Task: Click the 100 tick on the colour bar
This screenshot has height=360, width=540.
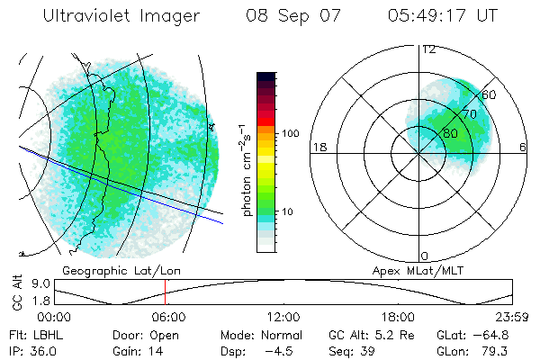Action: tap(289, 133)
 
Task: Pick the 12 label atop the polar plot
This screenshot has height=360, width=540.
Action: tap(428, 49)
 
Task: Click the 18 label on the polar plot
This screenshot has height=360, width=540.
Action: tap(318, 147)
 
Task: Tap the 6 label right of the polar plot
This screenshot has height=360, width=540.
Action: tap(524, 147)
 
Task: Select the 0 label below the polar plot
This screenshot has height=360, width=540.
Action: tap(425, 256)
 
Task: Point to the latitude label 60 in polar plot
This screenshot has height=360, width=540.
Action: tap(490, 94)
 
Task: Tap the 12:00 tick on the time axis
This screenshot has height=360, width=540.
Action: tap(283, 317)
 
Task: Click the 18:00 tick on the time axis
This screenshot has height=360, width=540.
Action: tap(398, 317)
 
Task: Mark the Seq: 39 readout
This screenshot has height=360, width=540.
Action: tap(350, 350)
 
